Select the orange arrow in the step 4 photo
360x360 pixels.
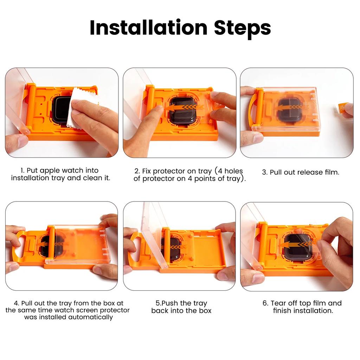point(49,243)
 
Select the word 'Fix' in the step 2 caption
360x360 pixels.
point(148,171)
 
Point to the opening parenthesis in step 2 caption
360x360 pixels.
point(216,171)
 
